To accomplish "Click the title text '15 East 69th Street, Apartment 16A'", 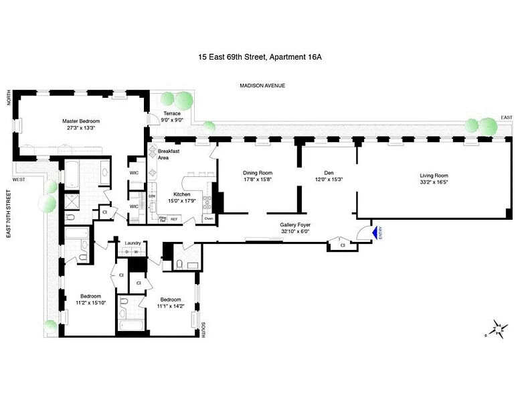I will (x=260, y=57).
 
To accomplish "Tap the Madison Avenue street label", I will (x=262, y=85).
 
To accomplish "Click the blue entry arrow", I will (x=365, y=232).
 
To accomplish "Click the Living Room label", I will (x=434, y=176).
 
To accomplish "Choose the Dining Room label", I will (x=258, y=173).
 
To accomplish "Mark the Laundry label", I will (x=131, y=244).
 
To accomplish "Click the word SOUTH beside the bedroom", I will (x=203, y=329).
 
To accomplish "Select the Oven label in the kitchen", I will (x=208, y=218).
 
